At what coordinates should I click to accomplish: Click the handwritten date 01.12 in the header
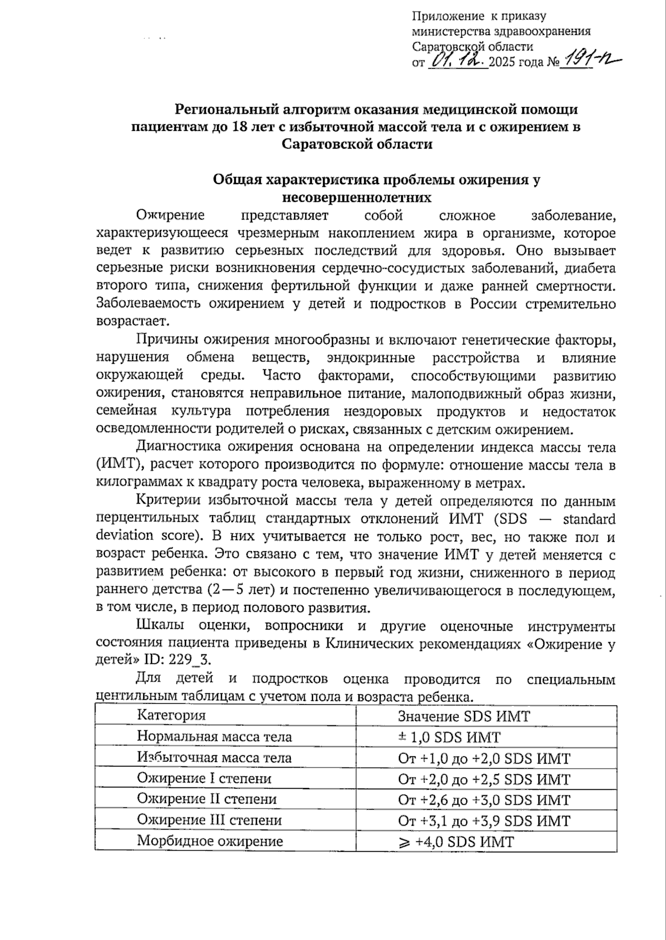[x=458, y=60]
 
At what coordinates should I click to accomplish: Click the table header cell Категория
[x=171, y=715]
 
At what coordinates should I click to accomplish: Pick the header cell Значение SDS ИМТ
[x=464, y=716]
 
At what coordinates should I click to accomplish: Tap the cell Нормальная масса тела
[x=214, y=737]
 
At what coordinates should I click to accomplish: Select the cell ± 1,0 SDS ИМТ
[x=449, y=738]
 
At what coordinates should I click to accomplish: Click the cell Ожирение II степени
[x=206, y=799]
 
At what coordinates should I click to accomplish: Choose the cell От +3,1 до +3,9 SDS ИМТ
[x=483, y=821]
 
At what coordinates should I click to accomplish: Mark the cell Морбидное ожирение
[x=210, y=841]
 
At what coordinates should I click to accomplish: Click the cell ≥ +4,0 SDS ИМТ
[x=456, y=842]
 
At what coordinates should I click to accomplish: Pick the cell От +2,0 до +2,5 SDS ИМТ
[x=483, y=779]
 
